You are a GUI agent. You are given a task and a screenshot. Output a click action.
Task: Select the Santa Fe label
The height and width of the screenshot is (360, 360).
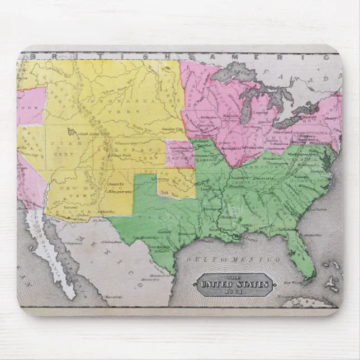[x=114, y=184]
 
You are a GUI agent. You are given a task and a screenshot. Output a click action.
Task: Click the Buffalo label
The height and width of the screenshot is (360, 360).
[x=306, y=118]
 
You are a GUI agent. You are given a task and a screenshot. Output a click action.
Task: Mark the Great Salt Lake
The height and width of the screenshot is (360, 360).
[x=71, y=132]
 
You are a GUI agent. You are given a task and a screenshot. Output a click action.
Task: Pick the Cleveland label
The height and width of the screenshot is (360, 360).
[x=282, y=132]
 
